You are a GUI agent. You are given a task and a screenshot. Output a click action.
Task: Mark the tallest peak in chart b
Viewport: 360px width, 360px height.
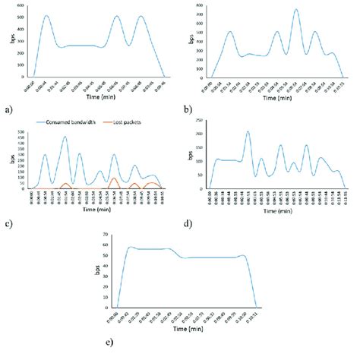296,10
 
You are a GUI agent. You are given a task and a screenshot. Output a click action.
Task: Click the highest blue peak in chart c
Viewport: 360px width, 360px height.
65,137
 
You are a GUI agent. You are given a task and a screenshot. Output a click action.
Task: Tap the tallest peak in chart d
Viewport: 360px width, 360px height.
248,132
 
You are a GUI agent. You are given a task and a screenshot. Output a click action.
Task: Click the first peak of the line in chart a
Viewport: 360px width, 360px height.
46,16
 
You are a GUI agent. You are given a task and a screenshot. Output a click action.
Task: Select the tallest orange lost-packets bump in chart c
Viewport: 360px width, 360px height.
113,178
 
